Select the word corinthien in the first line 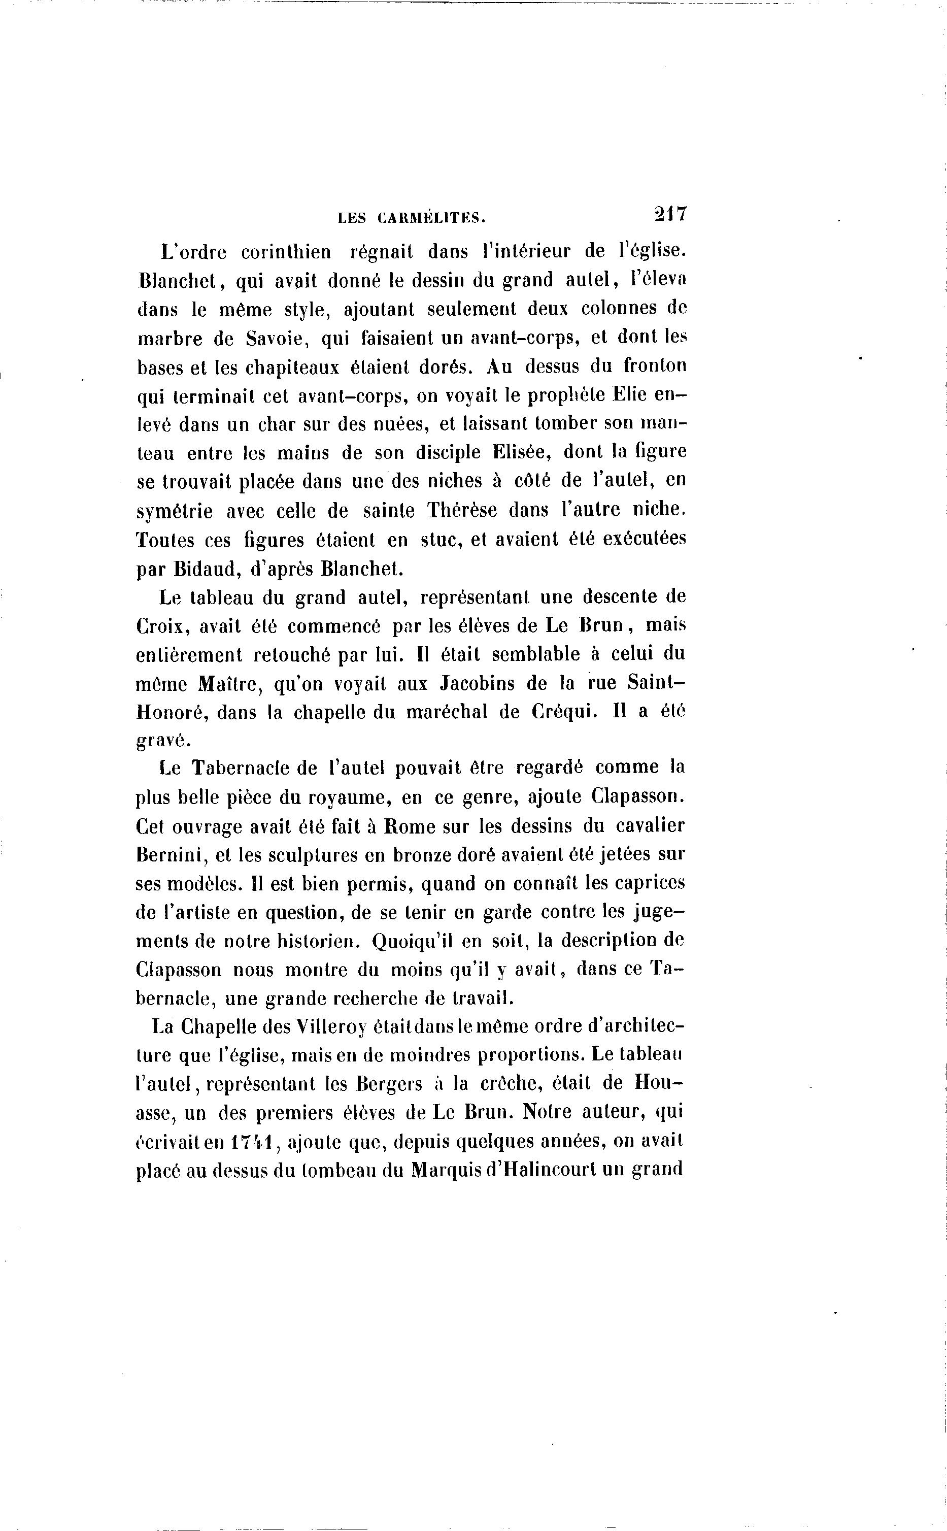click(x=286, y=252)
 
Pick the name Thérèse click(x=462, y=511)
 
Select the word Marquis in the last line click(x=445, y=1171)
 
